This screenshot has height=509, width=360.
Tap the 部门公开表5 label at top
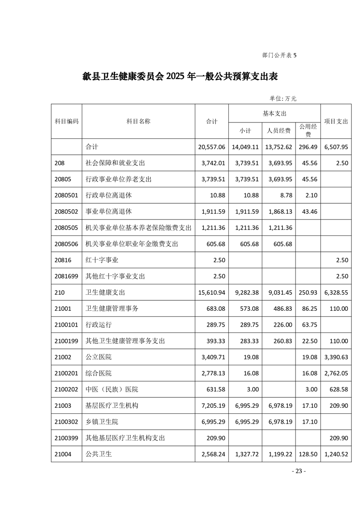(279, 55)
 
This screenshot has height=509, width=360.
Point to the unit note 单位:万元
(282, 98)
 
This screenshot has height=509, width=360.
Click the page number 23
(298, 471)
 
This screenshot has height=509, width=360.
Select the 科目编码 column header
(66, 122)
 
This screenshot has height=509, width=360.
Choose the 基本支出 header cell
(274, 113)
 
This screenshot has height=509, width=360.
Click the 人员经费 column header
(279, 131)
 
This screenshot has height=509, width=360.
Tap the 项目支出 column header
(336, 122)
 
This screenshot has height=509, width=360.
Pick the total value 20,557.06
(212, 147)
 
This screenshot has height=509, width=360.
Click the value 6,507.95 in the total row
(336, 147)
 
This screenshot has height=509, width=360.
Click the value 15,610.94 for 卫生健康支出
(212, 293)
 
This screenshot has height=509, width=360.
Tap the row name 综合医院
(99, 373)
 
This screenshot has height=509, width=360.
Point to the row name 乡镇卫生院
(102, 422)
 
